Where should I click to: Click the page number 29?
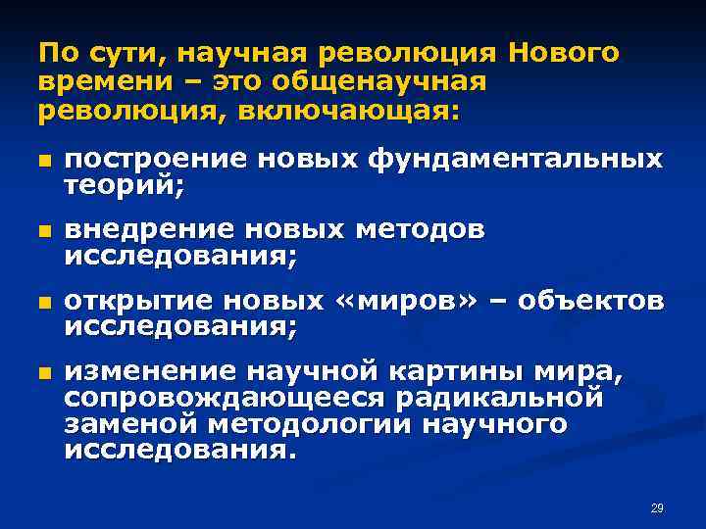coord(657,506)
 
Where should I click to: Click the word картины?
coord(437,370)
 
